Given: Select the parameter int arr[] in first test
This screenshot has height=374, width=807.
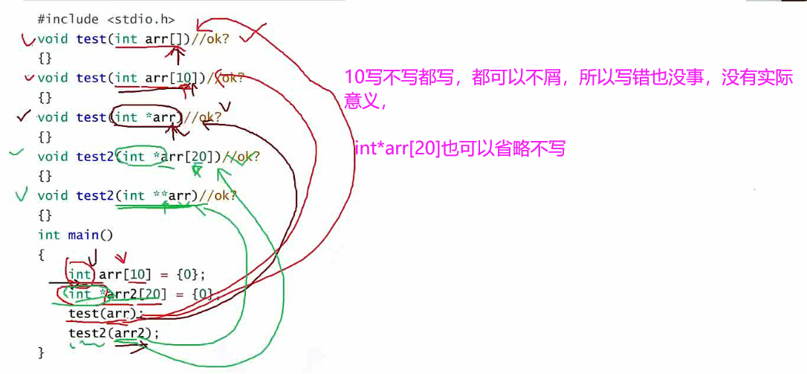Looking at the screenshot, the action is (149, 39).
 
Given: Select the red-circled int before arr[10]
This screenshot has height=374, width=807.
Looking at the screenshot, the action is (80, 275).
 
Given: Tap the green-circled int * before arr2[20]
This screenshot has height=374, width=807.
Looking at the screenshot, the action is (83, 295).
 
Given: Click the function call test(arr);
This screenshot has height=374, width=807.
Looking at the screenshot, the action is (104, 313).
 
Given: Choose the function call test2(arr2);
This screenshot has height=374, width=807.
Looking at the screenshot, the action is (114, 333).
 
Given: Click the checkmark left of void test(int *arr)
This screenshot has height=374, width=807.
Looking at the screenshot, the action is (23, 117).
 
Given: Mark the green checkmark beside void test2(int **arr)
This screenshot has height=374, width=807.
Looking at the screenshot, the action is (22, 195).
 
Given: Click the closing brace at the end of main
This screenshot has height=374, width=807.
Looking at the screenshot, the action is (41, 352).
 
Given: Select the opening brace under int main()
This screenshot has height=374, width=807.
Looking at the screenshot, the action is (41, 255).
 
